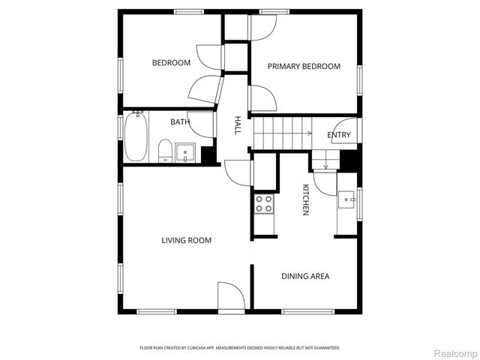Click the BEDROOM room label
[171, 63]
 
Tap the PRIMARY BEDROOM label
[304, 67]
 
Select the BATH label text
[179, 122]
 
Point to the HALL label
[238, 124]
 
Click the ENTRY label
[339, 135]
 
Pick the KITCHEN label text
[306, 199]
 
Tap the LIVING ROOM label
[186, 241]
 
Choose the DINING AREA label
[305, 276]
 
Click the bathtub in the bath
[136, 136]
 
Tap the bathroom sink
[185, 152]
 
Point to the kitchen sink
[347, 198]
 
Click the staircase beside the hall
[282, 133]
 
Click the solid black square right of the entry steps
[349, 160]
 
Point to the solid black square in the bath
[208, 155]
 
